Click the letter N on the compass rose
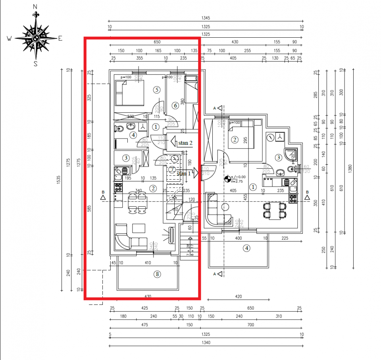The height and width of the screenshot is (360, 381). tap(35, 7)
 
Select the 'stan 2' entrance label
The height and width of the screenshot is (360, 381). tap(185, 143)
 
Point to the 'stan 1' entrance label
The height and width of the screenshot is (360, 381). tap(184, 173)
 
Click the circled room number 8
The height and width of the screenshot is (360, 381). tap(158, 273)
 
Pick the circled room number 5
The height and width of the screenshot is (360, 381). tap(157, 90)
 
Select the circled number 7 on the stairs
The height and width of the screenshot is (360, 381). tap(172, 170)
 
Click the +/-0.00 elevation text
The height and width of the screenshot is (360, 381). tap(239, 177)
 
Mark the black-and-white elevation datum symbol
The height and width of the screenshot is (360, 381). tap(227, 179)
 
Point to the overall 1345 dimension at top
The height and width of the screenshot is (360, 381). tap(205, 18)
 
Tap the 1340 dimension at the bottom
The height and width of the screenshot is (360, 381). tap(205, 343)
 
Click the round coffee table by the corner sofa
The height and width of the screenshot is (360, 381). tap(225, 207)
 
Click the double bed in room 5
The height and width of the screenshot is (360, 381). tap(129, 92)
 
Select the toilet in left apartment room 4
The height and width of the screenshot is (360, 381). tap(119, 129)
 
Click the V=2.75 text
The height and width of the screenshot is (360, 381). tap(239, 181)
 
